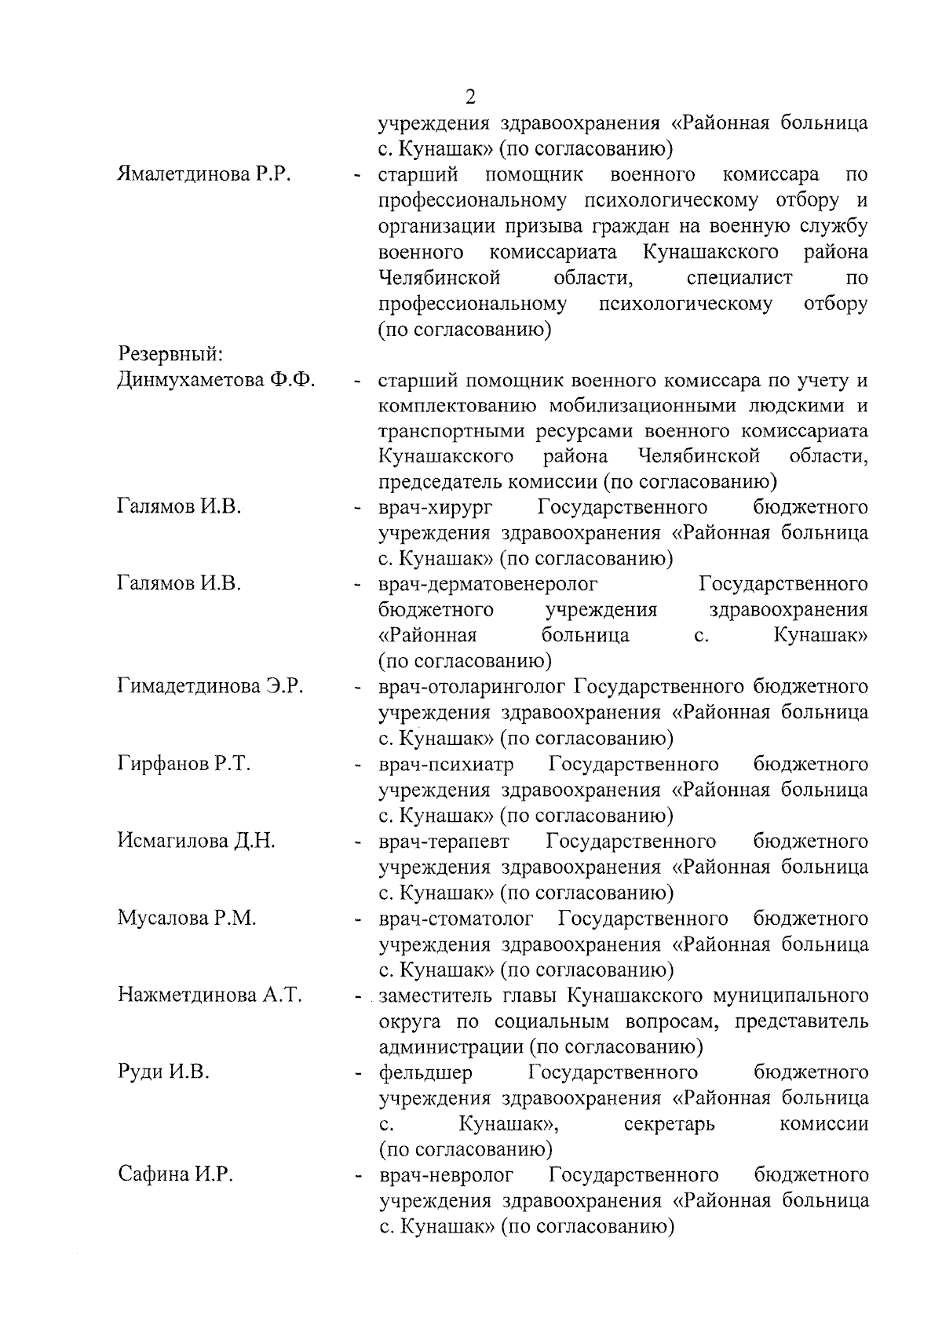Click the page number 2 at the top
click(x=470, y=97)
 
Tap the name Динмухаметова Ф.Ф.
click(x=216, y=381)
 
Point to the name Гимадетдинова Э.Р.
click(x=210, y=687)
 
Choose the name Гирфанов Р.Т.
click(x=184, y=764)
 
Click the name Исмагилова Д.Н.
click(x=196, y=841)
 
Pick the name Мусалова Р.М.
click(x=187, y=918)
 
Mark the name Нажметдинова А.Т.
click(x=210, y=995)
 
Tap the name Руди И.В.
click(x=163, y=1072)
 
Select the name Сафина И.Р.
click(x=176, y=1175)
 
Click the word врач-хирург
click(x=436, y=508)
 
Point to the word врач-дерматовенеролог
click(x=487, y=585)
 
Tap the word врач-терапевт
click(x=444, y=842)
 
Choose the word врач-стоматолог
click(x=455, y=918)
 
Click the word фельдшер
click(x=425, y=1073)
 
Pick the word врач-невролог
click(x=446, y=1176)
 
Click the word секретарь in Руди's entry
click(x=669, y=1124)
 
